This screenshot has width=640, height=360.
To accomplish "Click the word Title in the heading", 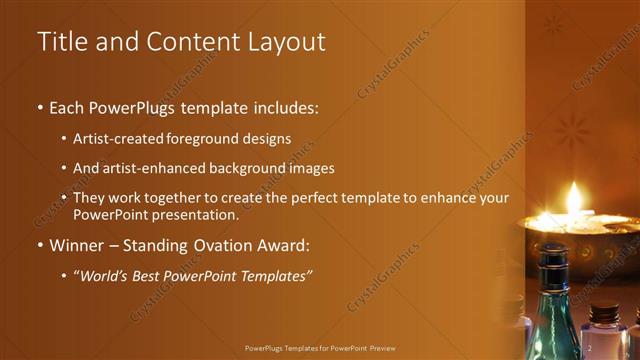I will pos(58,42).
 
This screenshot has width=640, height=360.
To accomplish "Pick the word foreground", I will pos(210,140).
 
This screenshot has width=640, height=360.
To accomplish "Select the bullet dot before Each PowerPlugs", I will pos(40,107).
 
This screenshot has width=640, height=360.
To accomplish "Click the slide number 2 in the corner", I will pos(591,347).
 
